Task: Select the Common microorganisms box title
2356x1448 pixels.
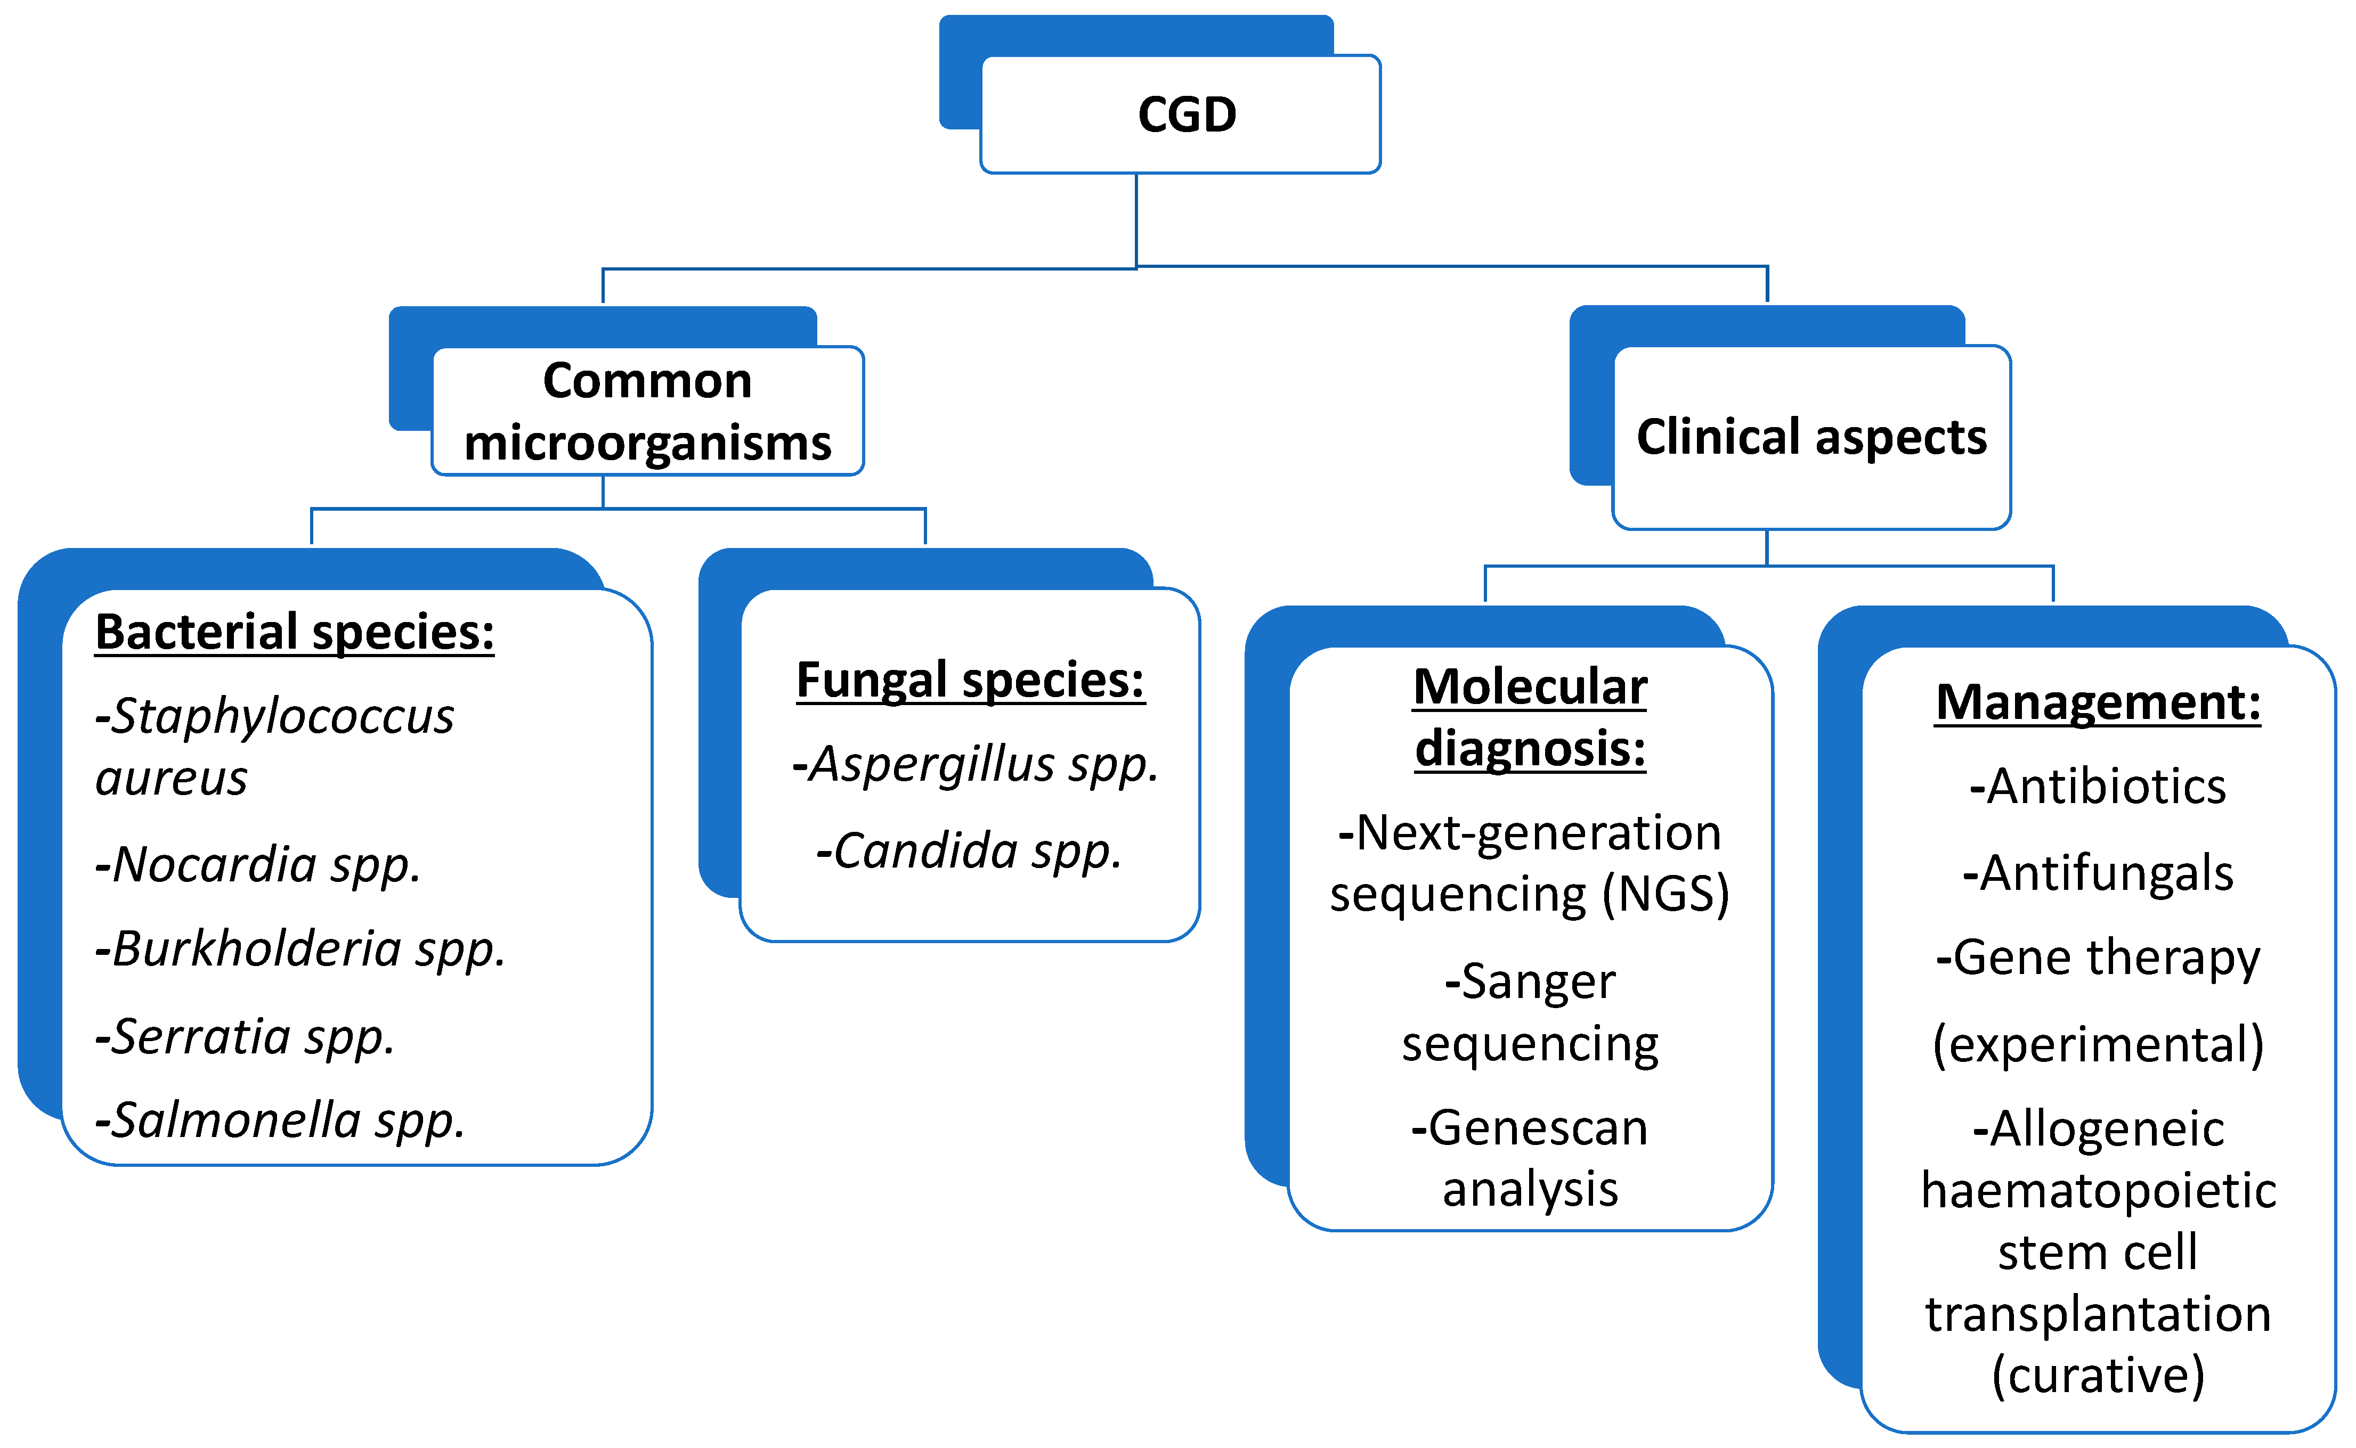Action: [648, 412]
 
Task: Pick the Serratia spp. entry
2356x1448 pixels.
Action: [245, 1036]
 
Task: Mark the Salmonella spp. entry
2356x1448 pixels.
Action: [280, 1120]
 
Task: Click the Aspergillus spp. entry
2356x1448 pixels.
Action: [976, 764]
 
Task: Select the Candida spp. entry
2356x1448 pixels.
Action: [969, 850]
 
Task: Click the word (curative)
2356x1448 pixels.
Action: [2097, 1375]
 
